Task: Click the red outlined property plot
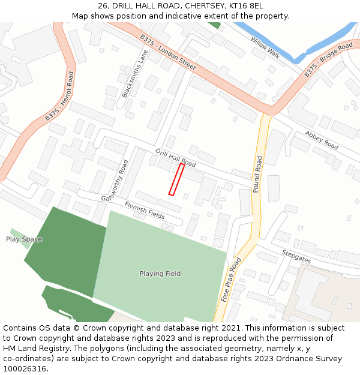pos(176,179)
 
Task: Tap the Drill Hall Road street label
pos(175,158)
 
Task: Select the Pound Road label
pos(257,174)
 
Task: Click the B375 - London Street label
pos(167,52)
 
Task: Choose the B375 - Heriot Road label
pos(59,97)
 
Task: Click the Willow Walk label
pos(265,47)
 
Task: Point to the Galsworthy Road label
pos(116,180)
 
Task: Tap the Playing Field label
pos(160,274)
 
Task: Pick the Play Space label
pos(24,239)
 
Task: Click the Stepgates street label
pos(296,256)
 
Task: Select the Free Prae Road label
pos(230,280)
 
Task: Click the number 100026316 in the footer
pos(25,368)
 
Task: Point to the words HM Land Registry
pos(31,348)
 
